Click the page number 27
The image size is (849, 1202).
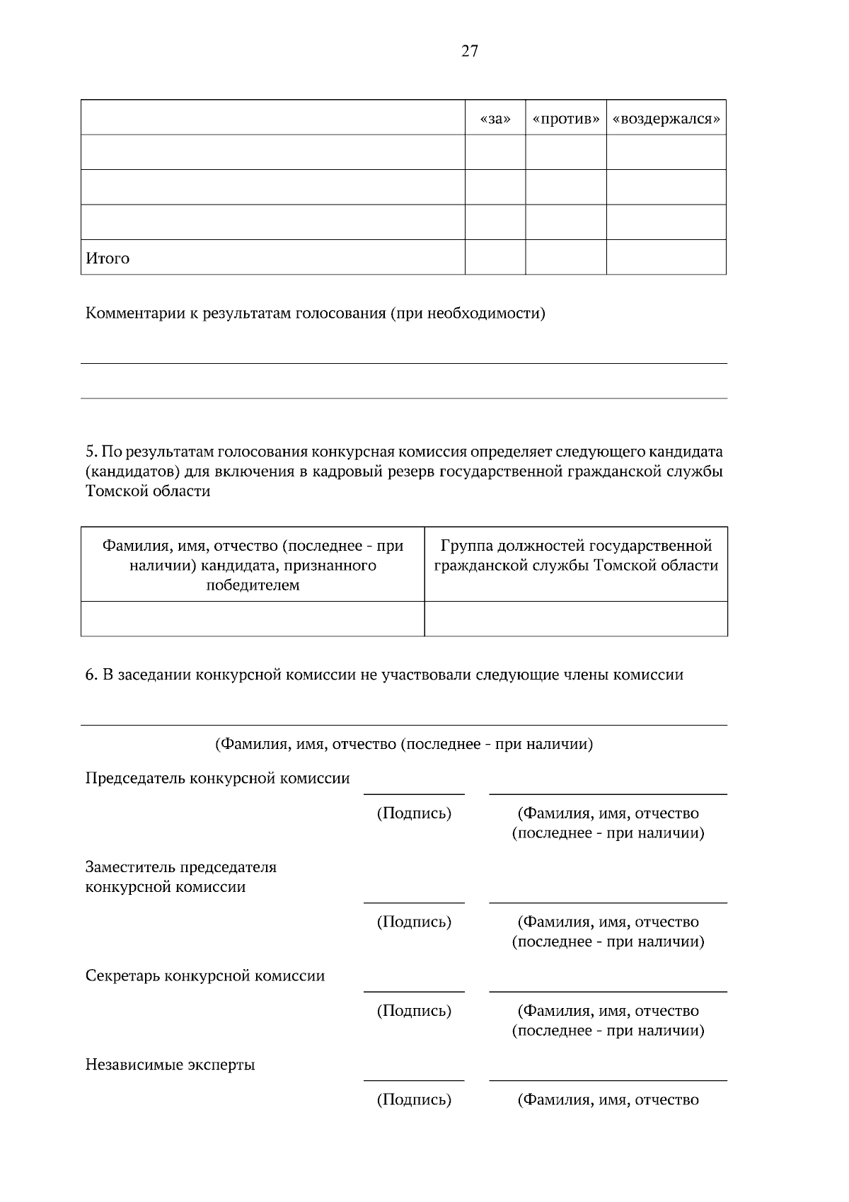point(470,51)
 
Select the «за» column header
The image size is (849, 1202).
point(495,118)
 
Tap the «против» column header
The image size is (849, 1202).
point(565,118)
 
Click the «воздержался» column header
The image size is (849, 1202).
point(666,118)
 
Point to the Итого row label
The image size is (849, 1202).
point(108,258)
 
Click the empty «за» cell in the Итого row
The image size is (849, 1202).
point(495,258)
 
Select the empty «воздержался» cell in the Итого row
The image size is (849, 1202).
point(666,258)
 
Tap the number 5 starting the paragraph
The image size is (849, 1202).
point(90,452)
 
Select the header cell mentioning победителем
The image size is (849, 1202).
point(253,565)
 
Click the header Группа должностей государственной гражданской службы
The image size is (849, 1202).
point(576,556)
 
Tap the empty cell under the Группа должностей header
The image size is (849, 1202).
point(576,619)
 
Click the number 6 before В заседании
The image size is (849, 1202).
point(91,675)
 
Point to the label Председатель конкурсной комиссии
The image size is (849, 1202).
point(217,779)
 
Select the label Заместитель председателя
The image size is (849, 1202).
point(180,867)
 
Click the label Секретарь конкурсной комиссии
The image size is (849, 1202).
point(204,976)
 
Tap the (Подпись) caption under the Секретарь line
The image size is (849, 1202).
point(414,1011)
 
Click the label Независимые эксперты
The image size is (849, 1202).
point(170,1065)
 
